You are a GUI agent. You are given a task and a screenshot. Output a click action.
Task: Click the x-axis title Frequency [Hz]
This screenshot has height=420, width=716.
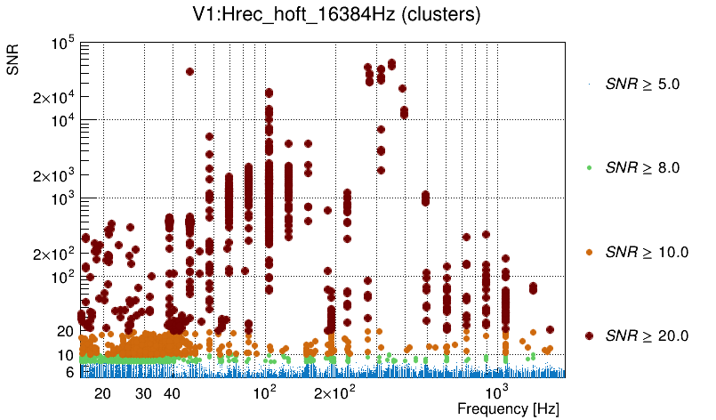coord(509,408)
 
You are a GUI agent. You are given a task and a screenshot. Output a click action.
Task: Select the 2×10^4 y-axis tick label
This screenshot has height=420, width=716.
coord(52,97)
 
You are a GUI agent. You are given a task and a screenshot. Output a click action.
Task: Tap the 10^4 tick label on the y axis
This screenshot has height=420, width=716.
coord(61,120)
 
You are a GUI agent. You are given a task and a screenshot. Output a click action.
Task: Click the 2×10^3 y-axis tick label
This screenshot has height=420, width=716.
coord(52,175)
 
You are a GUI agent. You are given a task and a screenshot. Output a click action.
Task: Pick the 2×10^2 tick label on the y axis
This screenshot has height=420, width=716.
coord(52,254)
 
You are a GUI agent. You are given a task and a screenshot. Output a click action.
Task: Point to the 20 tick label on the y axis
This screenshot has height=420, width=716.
coord(66,331)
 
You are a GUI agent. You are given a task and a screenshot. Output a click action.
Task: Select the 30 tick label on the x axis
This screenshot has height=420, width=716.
coord(143,393)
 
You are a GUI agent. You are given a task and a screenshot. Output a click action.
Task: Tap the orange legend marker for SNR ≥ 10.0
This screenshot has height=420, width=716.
coord(590,252)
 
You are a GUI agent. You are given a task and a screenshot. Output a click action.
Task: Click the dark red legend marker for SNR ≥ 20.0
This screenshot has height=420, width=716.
coord(590,335)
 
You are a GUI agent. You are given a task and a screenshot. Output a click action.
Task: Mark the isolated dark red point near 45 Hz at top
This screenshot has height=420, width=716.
coord(189,72)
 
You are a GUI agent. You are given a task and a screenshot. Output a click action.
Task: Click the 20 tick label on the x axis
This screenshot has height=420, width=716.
coord(102,393)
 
